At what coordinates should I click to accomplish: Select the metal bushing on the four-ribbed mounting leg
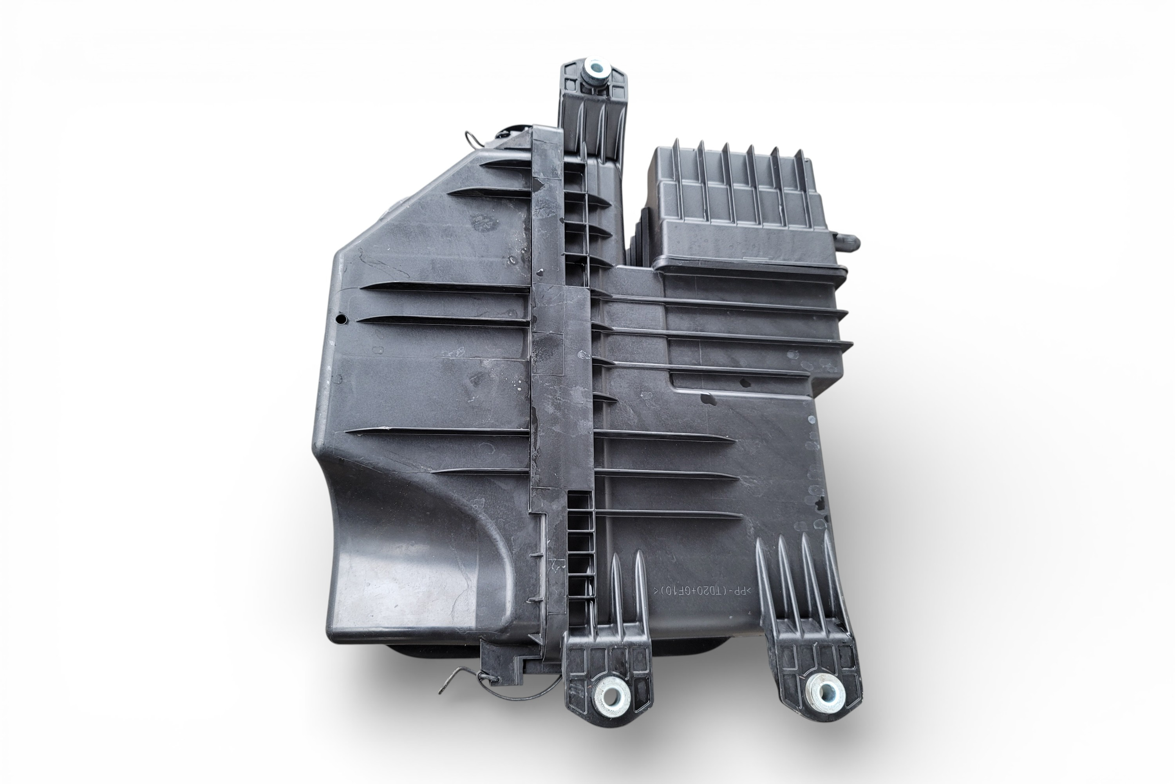click(x=825, y=693)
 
